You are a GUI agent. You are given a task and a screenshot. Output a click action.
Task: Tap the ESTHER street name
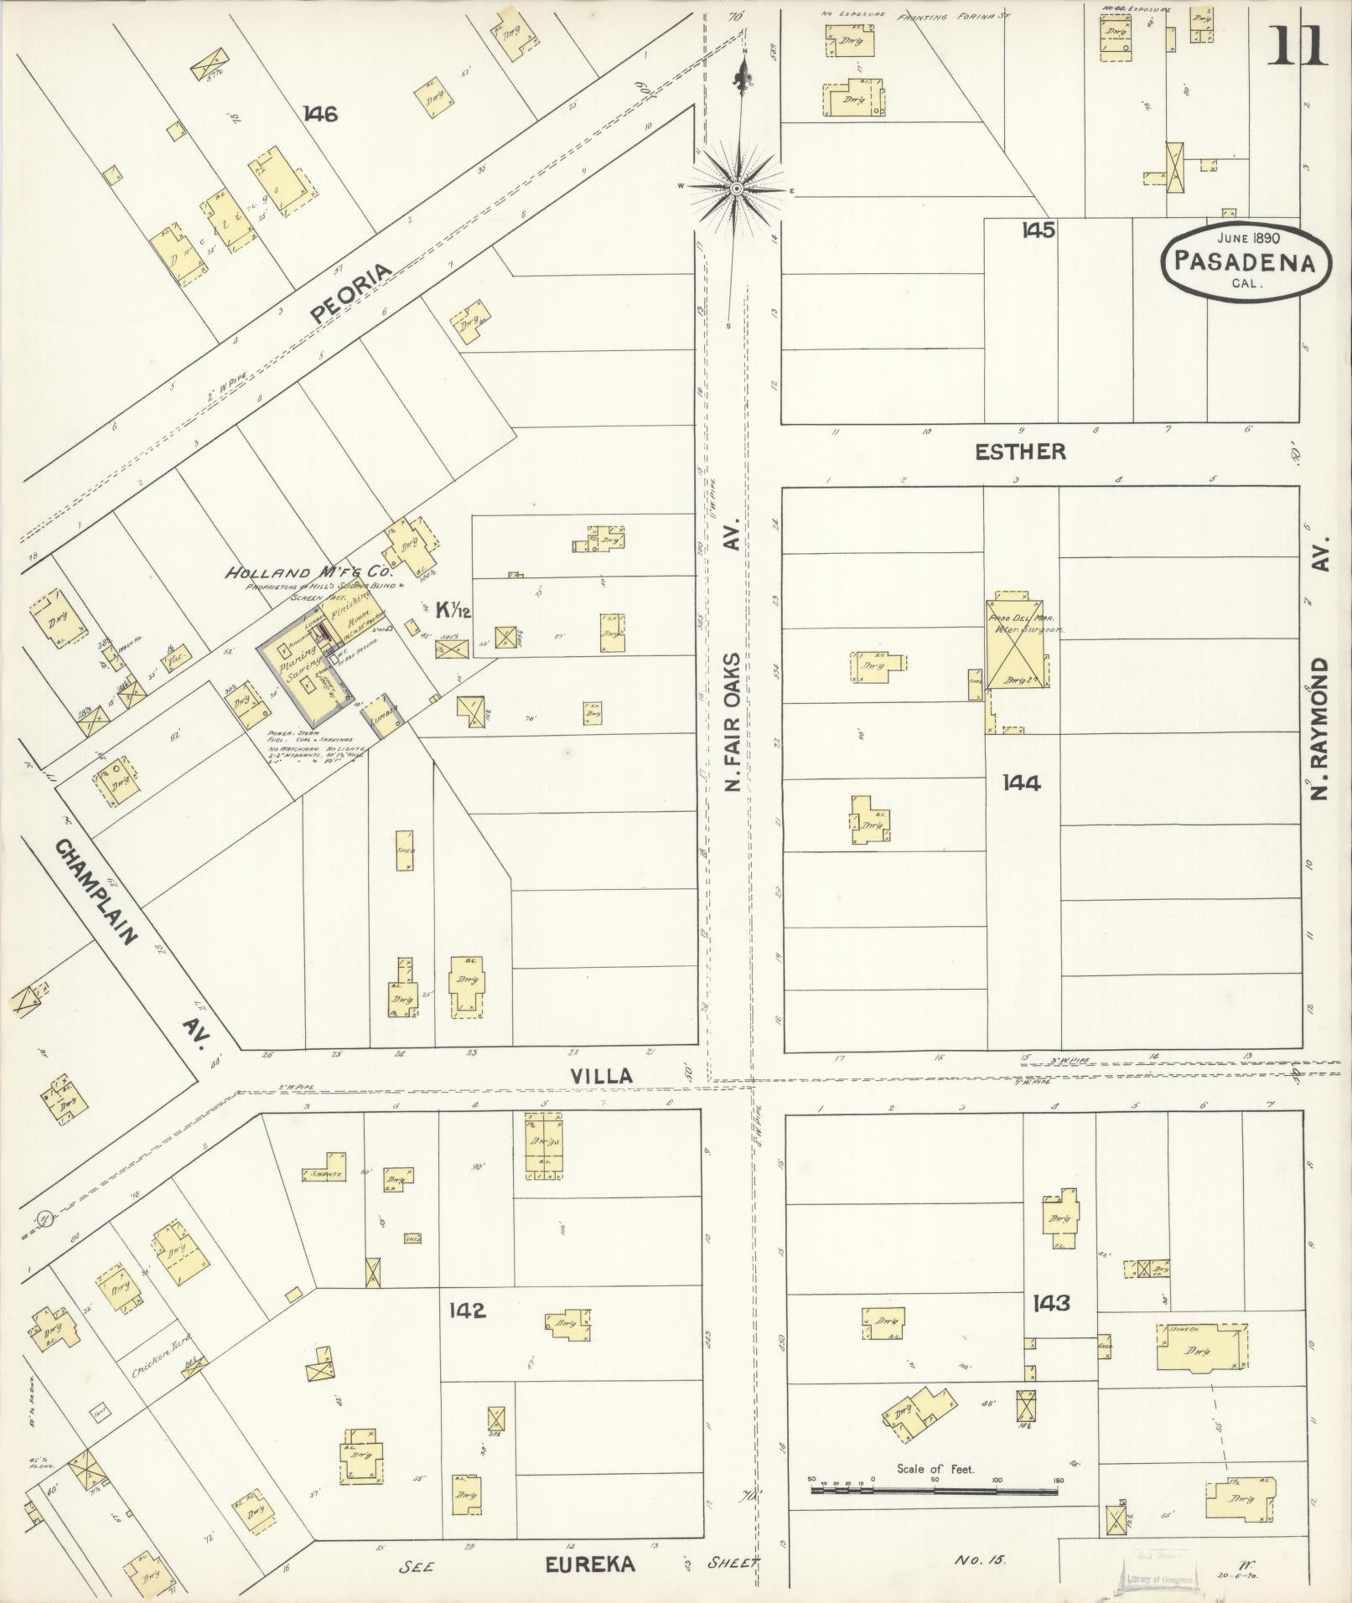(x=1020, y=452)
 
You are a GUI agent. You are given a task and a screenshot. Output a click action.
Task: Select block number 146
(x=320, y=114)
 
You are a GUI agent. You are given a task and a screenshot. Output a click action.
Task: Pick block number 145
(x=1038, y=230)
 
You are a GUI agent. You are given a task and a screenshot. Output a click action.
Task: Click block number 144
(x=1022, y=783)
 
